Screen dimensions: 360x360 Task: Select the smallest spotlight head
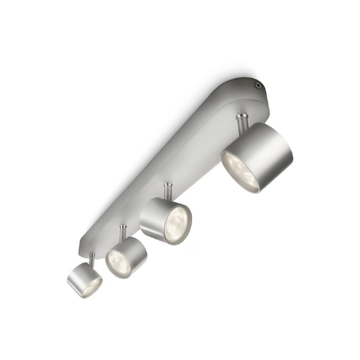click(x=84, y=278)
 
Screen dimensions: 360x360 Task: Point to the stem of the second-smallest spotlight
click(x=124, y=231)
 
